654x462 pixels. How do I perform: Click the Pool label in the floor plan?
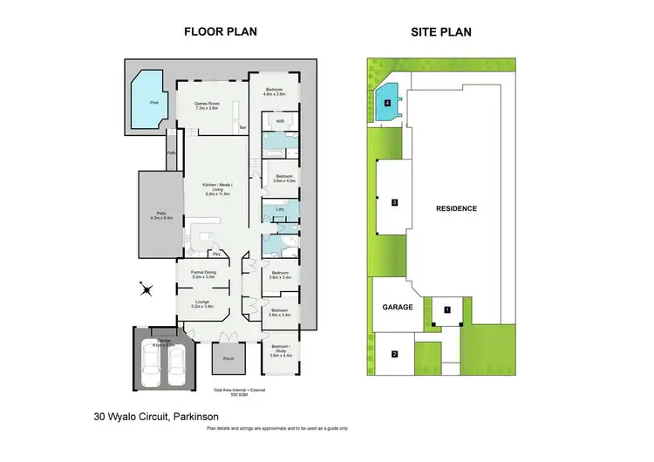coord(154,102)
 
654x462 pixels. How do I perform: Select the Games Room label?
coord(206,106)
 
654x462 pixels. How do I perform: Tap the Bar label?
coord(242,128)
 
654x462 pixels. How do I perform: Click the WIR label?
coord(281,122)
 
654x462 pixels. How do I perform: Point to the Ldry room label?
coord(279,209)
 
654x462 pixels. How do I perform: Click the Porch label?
coord(228,357)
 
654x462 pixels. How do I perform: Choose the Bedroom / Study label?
coord(282,353)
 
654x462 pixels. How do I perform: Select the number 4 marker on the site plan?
coord(387,102)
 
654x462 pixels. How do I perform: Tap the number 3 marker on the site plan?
coord(395,202)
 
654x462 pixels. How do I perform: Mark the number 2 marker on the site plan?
coord(394,354)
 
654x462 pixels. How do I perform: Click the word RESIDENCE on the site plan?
coord(456,208)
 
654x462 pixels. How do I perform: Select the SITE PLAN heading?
coord(442,32)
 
